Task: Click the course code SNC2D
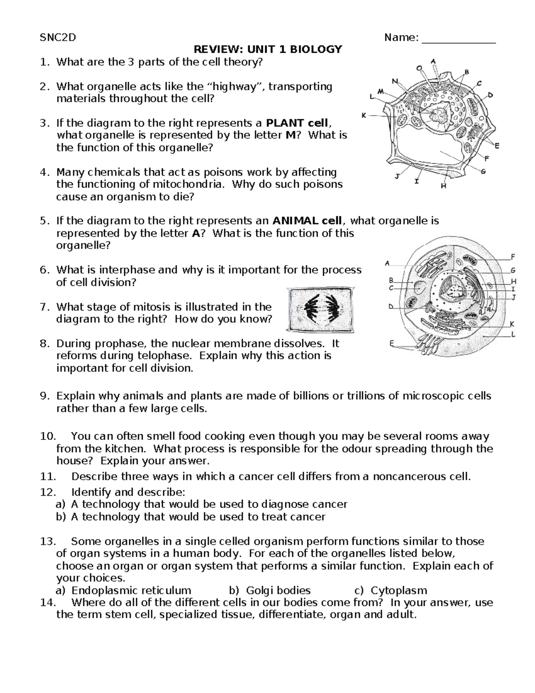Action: pyautogui.click(x=58, y=37)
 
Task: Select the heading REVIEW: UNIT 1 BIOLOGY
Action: pyautogui.click(x=267, y=50)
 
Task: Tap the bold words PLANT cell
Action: pyautogui.click(x=296, y=123)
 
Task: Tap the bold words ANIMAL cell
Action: pyautogui.click(x=307, y=221)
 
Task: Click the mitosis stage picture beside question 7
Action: pyautogui.click(x=321, y=310)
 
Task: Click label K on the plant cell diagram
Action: pyautogui.click(x=364, y=116)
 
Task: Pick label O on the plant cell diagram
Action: pyautogui.click(x=419, y=68)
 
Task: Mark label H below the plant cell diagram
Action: pyautogui.click(x=443, y=187)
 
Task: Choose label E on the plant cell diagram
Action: pyautogui.click(x=497, y=145)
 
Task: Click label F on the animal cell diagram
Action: pyautogui.click(x=513, y=257)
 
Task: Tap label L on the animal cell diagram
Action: pyautogui.click(x=513, y=334)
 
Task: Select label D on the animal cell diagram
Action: pyautogui.click(x=391, y=307)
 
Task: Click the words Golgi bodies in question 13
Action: pyautogui.click(x=278, y=591)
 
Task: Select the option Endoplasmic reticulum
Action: pyautogui.click(x=131, y=591)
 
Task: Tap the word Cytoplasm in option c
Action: pyautogui.click(x=399, y=591)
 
